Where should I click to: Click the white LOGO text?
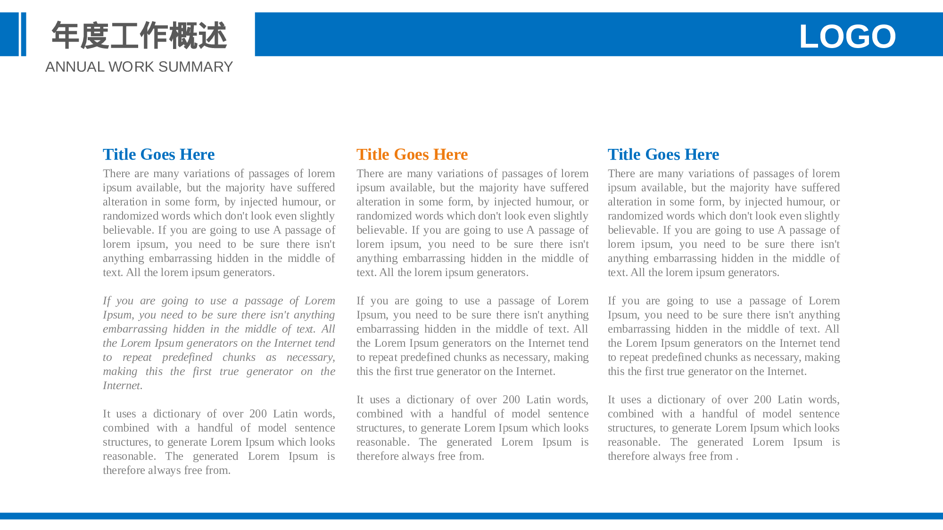(x=847, y=36)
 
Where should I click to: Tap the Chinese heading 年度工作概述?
(x=139, y=35)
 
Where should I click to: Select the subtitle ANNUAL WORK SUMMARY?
(x=139, y=67)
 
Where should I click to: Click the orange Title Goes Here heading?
(x=412, y=155)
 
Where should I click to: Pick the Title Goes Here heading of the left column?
(x=158, y=155)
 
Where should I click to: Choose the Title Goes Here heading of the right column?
(x=663, y=155)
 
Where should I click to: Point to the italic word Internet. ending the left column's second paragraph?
(x=123, y=385)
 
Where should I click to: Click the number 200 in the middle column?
(x=511, y=400)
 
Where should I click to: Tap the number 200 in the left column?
(x=258, y=414)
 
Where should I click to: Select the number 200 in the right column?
(x=762, y=400)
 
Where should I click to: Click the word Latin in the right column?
(x=790, y=400)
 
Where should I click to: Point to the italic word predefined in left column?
(x=187, y=357)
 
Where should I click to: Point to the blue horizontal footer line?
(x=471, y=516)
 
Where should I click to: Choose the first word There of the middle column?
(x=370, y=173)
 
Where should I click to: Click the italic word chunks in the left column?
(x=239, y=357)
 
